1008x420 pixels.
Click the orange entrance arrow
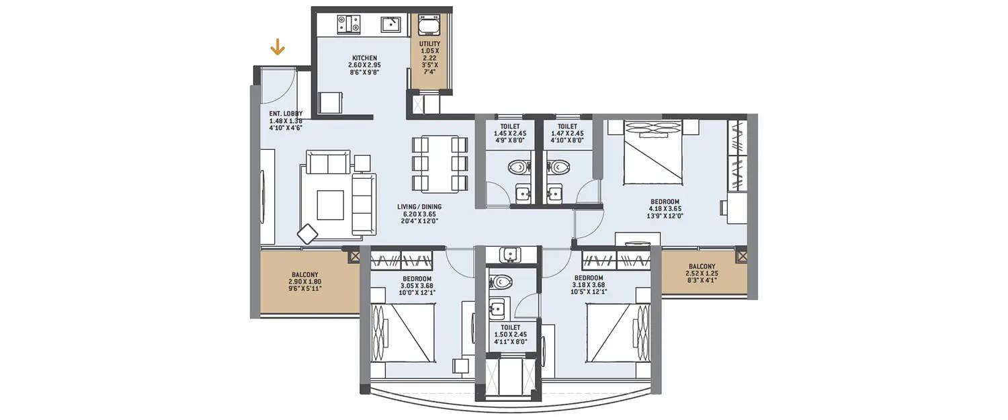pos(277,47)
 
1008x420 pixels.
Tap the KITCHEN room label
pos(364,58)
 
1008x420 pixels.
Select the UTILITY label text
pos(429,44)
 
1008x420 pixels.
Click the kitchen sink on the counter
pos(391,25)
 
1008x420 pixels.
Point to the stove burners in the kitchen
pos(348,24)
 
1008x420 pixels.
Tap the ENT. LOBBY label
pos(286,114)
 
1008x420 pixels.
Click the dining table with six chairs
pos(440,164)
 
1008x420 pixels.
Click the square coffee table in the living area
pos(330,205)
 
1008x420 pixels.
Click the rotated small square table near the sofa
pos(308,233)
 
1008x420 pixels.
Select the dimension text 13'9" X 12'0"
pos(665,216)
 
